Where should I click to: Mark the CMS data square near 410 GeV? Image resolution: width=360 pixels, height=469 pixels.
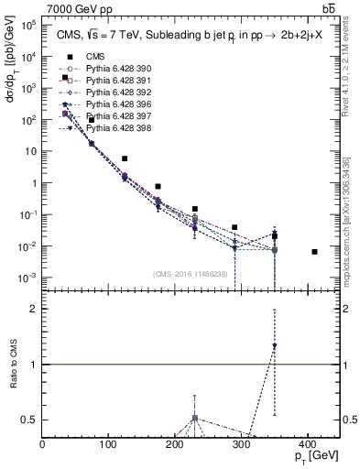pyautogui.click(x=314, y=251)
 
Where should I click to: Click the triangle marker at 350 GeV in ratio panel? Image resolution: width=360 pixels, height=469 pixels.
pyautogui.click(x=274, y=346)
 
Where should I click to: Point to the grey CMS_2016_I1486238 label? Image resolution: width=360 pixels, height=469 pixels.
pyautogui.click(x=191, y=274)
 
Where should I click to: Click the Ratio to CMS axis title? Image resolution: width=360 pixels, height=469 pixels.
pyautogui.click(x=13, y=364)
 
